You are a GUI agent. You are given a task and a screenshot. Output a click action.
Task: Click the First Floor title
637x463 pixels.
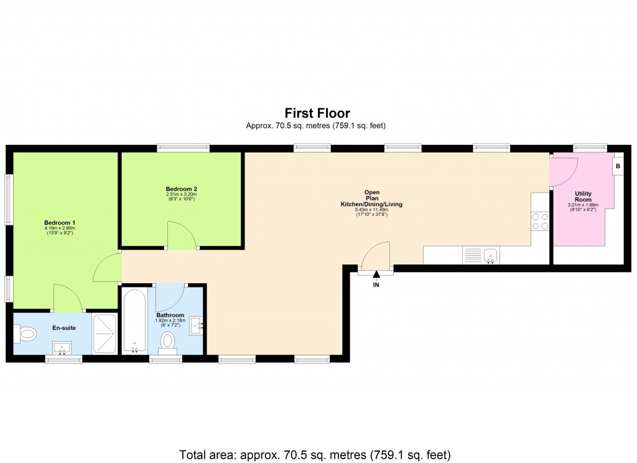pyautogui.click(x=317, y=113)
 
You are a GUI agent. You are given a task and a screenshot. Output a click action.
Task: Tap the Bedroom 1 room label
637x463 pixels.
pyautogui.click(x=60, y=223)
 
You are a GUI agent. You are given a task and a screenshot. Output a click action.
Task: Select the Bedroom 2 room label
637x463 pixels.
pyautogui.click(x=181, y=189)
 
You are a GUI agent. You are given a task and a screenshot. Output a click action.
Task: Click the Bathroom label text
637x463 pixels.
pyautogui.click(x=170, y=316)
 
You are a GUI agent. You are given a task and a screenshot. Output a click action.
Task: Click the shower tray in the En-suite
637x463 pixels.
pyautogui.click(x=105, y=334)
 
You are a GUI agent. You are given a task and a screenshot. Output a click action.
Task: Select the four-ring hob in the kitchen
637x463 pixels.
pyautogui.click(x=540, y=221)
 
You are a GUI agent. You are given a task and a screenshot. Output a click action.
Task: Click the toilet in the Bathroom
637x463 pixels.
pyautogui.click(x=167, y=343)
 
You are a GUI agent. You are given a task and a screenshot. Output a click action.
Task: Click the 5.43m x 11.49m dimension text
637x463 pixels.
pyautogui.click(x=371, y=210)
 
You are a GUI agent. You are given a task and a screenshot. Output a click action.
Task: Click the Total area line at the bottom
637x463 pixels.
pyautogui.click(x=315, y=454)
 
